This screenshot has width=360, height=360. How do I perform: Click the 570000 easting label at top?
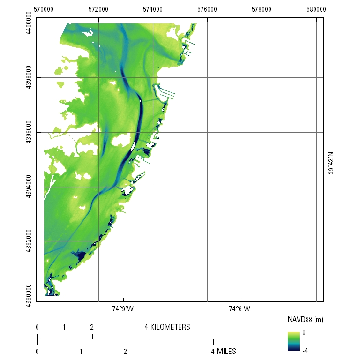pos(44,9)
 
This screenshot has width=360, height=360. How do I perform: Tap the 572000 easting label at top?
pos(98,9)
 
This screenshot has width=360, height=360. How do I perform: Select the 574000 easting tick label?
pos(153,9)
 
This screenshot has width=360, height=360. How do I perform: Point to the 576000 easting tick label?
pos(207,9)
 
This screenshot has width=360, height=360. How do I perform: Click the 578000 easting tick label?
pos(262,9)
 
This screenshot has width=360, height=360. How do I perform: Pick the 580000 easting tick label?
pos(316,9)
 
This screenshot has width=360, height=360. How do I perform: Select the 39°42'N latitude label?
pos(330,163)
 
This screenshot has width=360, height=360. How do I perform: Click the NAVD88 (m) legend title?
pos(305,320)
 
